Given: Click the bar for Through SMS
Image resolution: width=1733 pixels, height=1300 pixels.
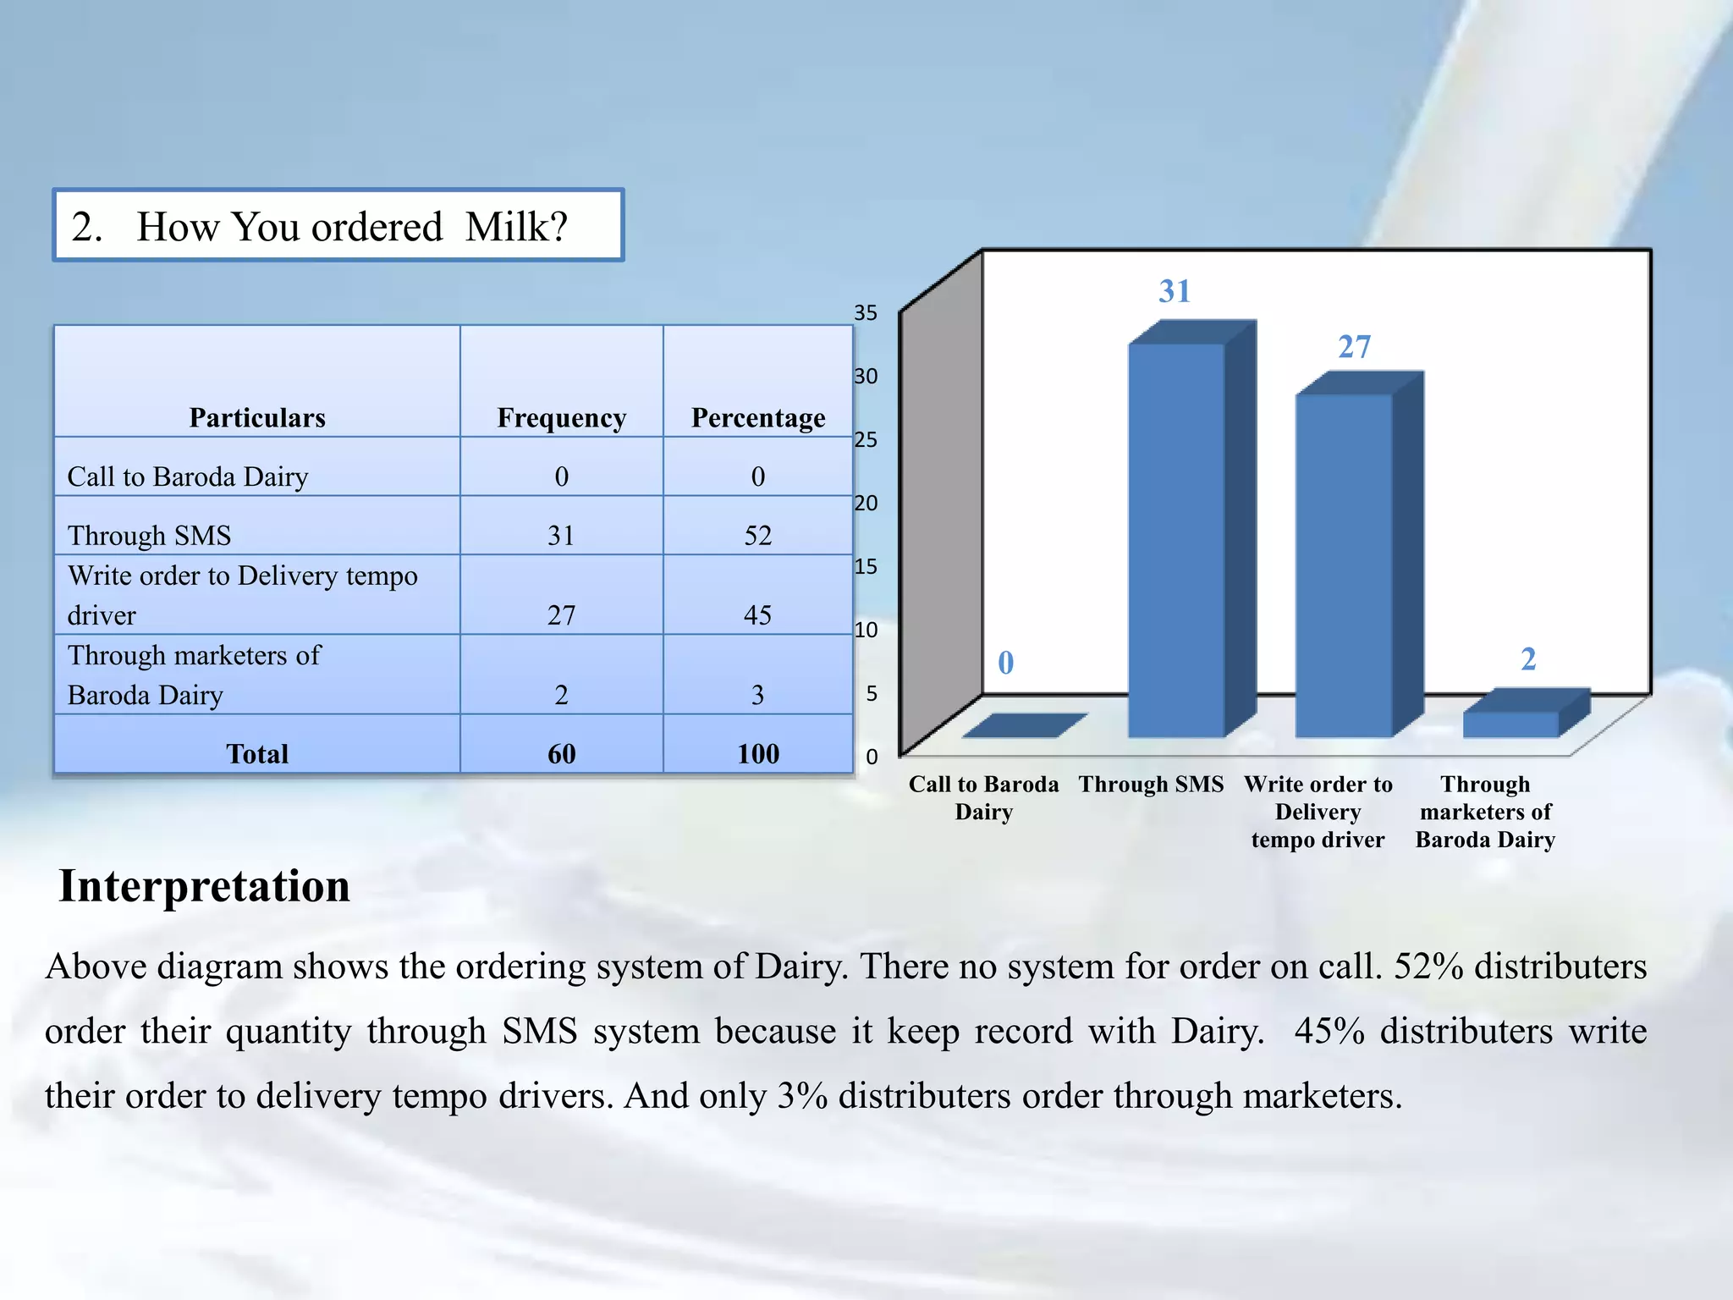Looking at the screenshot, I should point(1176,542).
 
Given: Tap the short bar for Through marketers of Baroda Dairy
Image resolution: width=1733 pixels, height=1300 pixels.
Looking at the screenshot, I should point(1511,724).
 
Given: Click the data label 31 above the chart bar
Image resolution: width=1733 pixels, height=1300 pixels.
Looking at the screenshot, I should point(1175,292).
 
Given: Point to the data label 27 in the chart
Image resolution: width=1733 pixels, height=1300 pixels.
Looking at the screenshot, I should point(1354,347).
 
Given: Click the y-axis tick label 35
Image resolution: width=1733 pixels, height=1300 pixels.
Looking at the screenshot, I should point(865,313).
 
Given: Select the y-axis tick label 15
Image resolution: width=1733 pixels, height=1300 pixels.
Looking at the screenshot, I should point(865,566).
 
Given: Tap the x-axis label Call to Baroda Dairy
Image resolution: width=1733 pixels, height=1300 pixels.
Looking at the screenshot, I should point(983,797).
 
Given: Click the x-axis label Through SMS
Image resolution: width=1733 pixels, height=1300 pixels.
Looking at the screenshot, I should point(1151,785).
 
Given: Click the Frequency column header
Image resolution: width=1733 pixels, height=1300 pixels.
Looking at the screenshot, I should point(561,418).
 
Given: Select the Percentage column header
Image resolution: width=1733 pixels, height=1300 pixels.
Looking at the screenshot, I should point(758,418).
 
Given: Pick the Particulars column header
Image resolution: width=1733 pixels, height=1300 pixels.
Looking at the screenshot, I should point(257,418).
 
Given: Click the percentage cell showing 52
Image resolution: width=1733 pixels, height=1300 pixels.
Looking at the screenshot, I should point(758,536).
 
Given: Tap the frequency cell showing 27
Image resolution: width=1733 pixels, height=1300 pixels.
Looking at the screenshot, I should point(561,615).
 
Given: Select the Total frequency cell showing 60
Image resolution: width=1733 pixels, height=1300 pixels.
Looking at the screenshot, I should point(561,754).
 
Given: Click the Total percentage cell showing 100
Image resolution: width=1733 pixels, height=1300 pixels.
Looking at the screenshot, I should point(758,754).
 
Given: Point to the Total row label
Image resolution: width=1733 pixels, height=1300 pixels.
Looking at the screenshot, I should point(257,754).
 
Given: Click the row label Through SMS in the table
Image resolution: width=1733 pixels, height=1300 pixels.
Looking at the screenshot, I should point(149,536).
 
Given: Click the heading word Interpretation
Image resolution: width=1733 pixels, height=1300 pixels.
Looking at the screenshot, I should point(204,887).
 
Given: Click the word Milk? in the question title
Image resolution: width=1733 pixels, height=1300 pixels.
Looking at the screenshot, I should point(516,227).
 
